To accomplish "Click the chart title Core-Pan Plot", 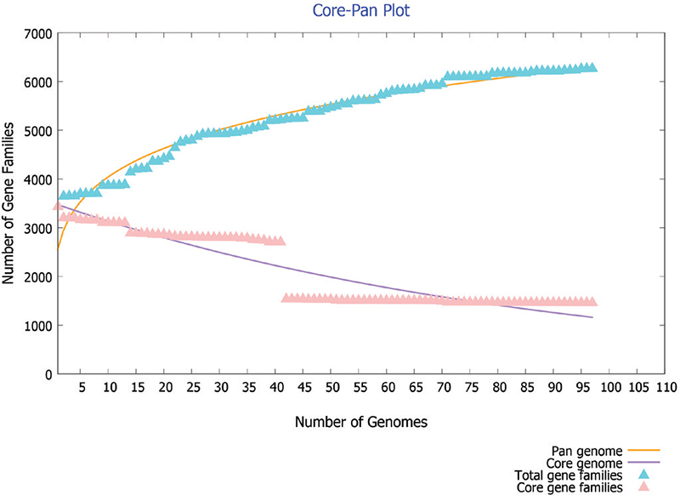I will point(339,12).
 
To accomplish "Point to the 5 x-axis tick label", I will point(82,387).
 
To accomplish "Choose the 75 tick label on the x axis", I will point(471,387).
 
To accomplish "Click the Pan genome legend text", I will point(594,449).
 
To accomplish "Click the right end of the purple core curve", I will point(592,317).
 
